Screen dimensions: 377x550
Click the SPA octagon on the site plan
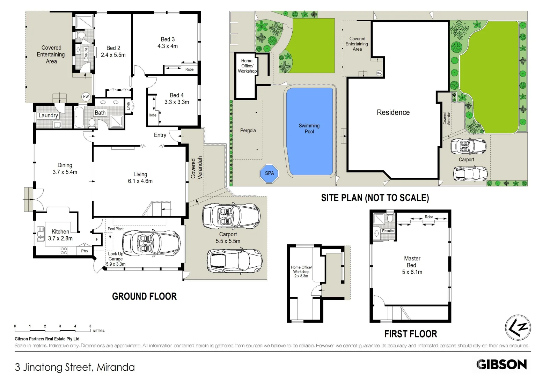(x=269, y=173)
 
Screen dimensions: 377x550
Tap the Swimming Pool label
(x=309, y=128)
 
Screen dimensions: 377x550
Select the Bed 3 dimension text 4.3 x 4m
(x=168, y=46)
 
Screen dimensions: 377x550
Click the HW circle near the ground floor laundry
(x=86, y=97)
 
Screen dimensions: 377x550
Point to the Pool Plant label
(x=115, y=229)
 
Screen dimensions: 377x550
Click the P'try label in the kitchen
(x=85, y=251)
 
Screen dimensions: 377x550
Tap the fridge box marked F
(x=97, y=239)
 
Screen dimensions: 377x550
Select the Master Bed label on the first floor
(x=412, y=262)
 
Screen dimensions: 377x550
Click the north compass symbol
(x=518, y=327)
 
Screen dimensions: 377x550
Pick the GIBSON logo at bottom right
(x=501, y=364)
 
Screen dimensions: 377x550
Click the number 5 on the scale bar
(x=90, y=326)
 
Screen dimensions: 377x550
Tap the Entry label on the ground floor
(x=160, y=135)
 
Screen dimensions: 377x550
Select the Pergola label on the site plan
(x=248, y=131)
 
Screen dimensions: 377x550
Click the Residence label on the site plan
(x=393, y=112)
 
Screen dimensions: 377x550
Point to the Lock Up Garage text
(x=116, y=256)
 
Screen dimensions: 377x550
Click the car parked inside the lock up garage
(x=151, y=243)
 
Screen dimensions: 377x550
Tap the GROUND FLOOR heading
(x=144, y=296)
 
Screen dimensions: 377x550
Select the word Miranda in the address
(x=116, y=367)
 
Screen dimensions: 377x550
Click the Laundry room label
(x=48, y=116)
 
